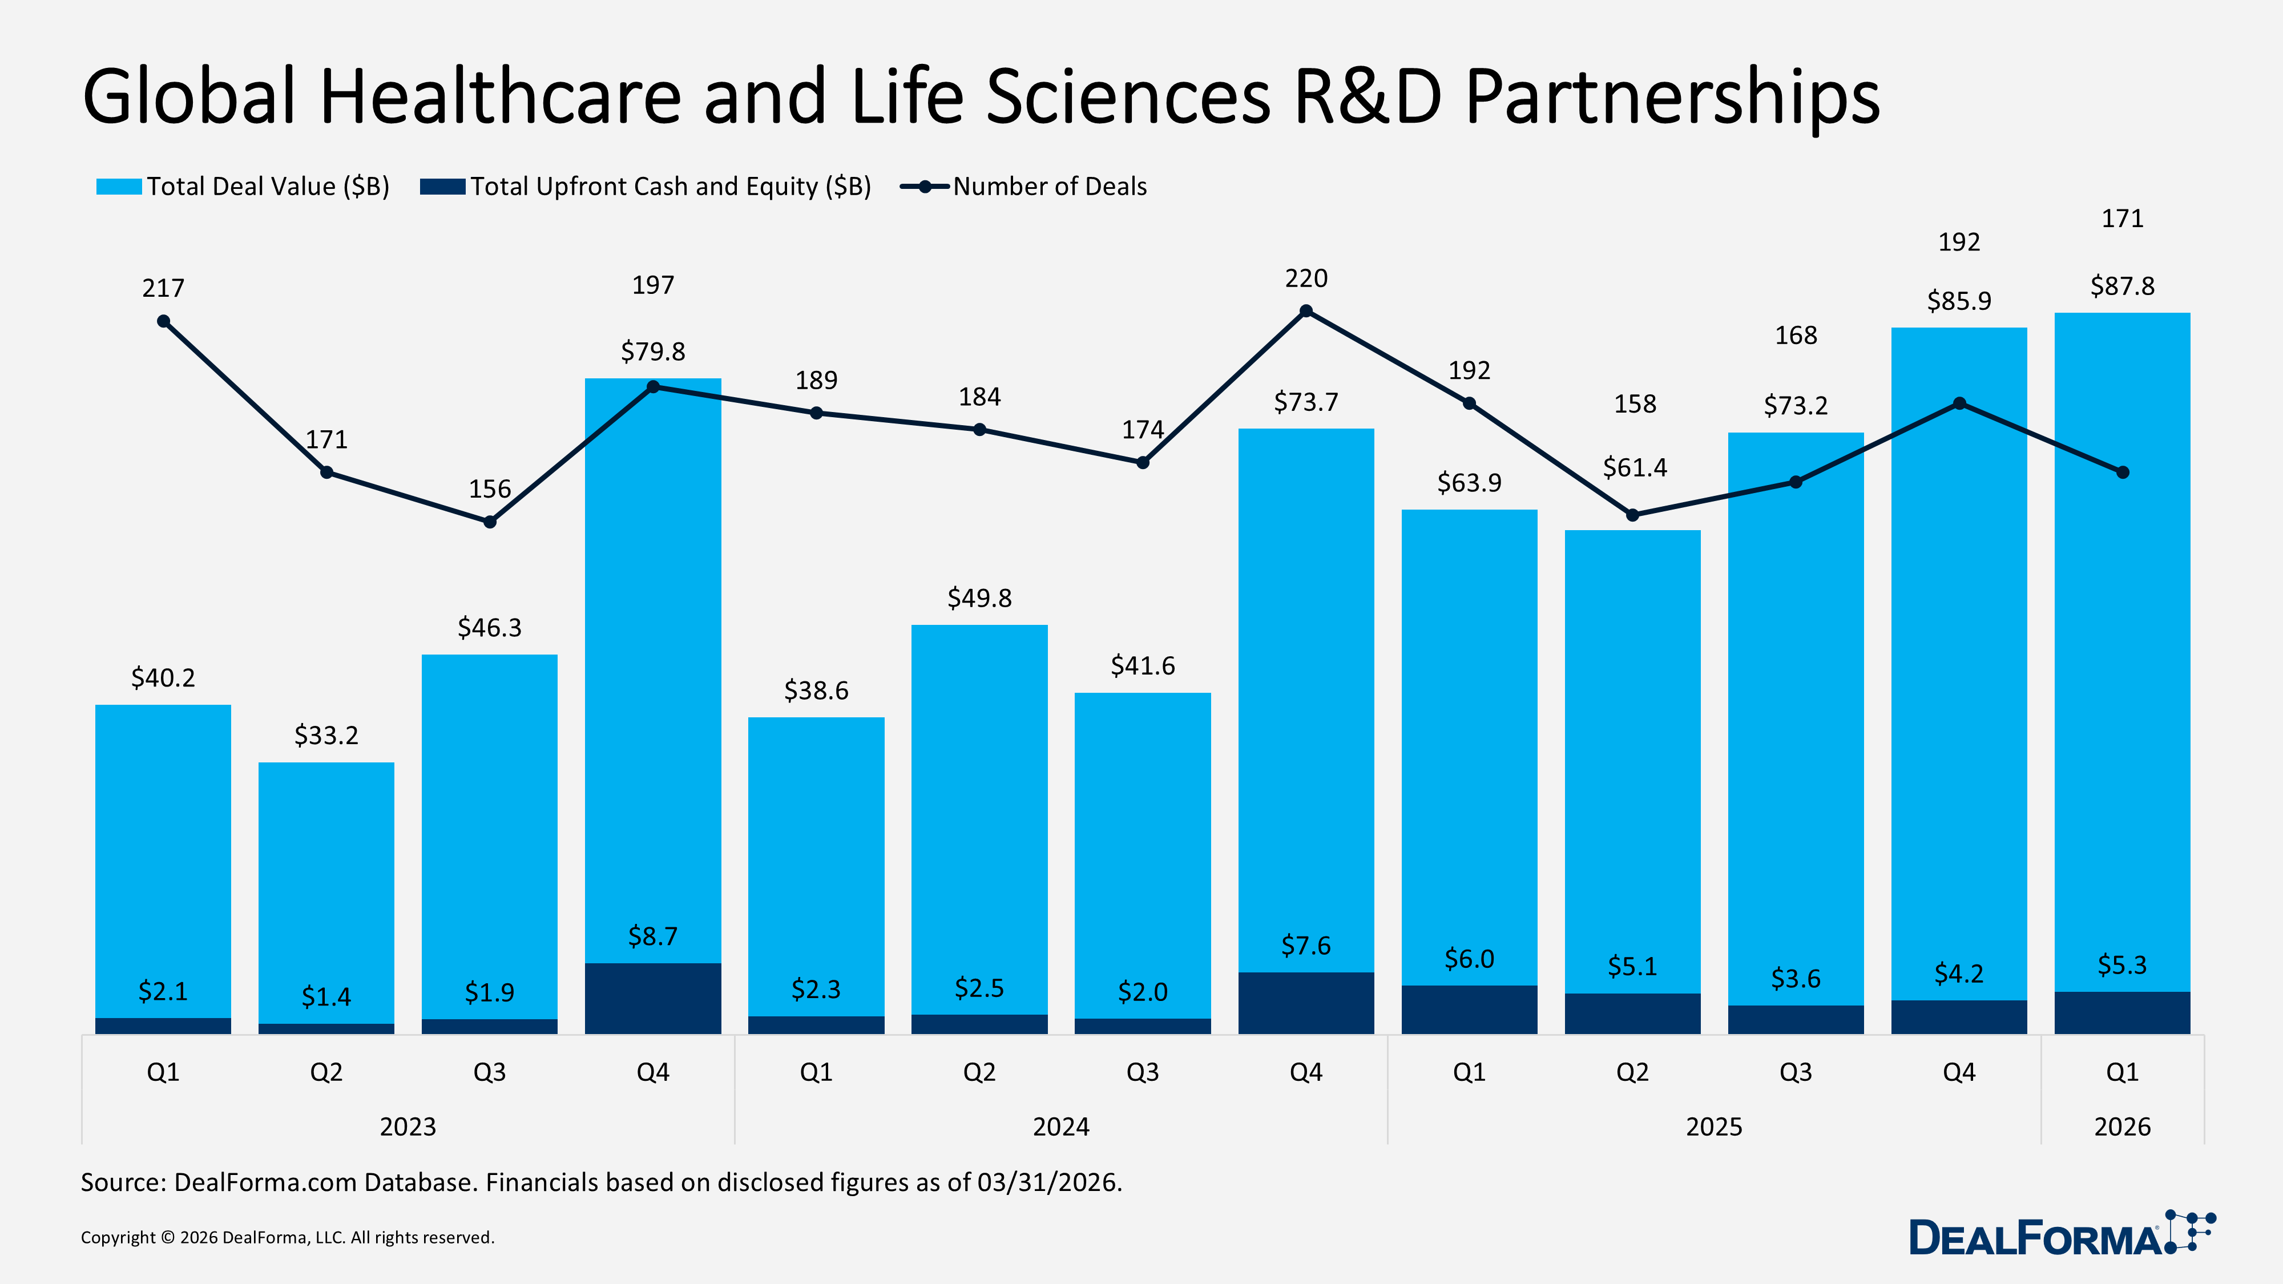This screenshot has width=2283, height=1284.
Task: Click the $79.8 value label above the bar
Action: point(652,352)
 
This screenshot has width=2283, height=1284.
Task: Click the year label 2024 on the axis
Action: point(1061,1126)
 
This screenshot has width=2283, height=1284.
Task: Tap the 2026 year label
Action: point(2121,1126)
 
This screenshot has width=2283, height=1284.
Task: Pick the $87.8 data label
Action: point(2121,286)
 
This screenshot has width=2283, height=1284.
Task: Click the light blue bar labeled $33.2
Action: point(326,886)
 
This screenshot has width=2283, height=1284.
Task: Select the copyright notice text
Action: point(287,1237)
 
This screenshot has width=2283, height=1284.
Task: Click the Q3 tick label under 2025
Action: point(1796,1072)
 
